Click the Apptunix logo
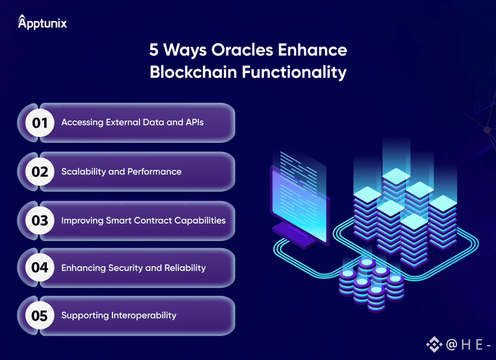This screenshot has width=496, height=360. [42, 23]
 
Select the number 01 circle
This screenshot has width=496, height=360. [39, 123]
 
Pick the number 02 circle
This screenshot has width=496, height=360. [39, 172]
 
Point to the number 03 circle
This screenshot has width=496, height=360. [39, 221]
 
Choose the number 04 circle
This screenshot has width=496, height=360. [39, 267]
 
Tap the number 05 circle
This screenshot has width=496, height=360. [39, 315]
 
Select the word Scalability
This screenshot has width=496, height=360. [84, 172]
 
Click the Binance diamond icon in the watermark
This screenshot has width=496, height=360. [434, 344]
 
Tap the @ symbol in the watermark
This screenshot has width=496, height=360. [452, 345]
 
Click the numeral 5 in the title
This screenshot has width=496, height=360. [154, 49]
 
